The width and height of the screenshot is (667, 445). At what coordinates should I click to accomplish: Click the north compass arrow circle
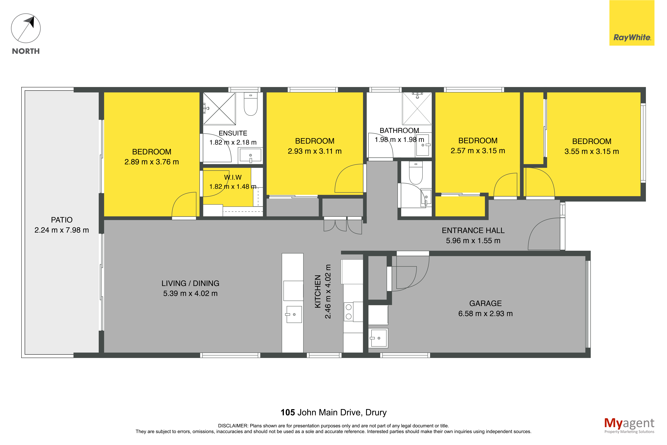coord(26,42)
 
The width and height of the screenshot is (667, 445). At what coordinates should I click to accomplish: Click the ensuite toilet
coord(251,104)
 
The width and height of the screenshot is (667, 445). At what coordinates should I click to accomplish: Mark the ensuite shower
coord(219,108)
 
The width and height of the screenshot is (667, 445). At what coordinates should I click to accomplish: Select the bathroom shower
coord(417,108)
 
